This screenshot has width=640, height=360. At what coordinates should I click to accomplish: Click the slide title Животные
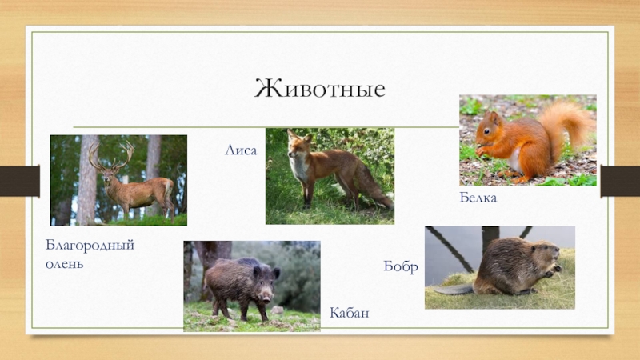319,89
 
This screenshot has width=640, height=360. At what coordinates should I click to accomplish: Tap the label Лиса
241,150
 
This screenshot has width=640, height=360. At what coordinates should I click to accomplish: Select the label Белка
478,198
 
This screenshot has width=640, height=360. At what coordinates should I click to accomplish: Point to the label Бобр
401,266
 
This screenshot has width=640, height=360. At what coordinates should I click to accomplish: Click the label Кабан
350,313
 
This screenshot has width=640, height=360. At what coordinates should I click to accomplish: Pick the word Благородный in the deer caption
90,246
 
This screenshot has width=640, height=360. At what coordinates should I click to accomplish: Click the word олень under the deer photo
65,264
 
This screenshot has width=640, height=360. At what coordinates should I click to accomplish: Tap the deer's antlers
112,155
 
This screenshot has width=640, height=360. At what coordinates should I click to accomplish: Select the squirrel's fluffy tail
566,126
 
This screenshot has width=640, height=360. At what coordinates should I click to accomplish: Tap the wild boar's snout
266,298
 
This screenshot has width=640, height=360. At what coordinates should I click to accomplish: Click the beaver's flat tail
453,290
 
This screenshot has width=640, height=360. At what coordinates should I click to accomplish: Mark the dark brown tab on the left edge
19,181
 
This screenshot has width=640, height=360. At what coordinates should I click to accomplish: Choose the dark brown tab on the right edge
620,181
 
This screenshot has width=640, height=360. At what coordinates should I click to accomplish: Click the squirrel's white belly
514,160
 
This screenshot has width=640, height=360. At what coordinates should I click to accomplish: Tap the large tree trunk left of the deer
87,180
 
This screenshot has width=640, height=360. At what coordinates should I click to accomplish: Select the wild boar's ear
257,270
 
